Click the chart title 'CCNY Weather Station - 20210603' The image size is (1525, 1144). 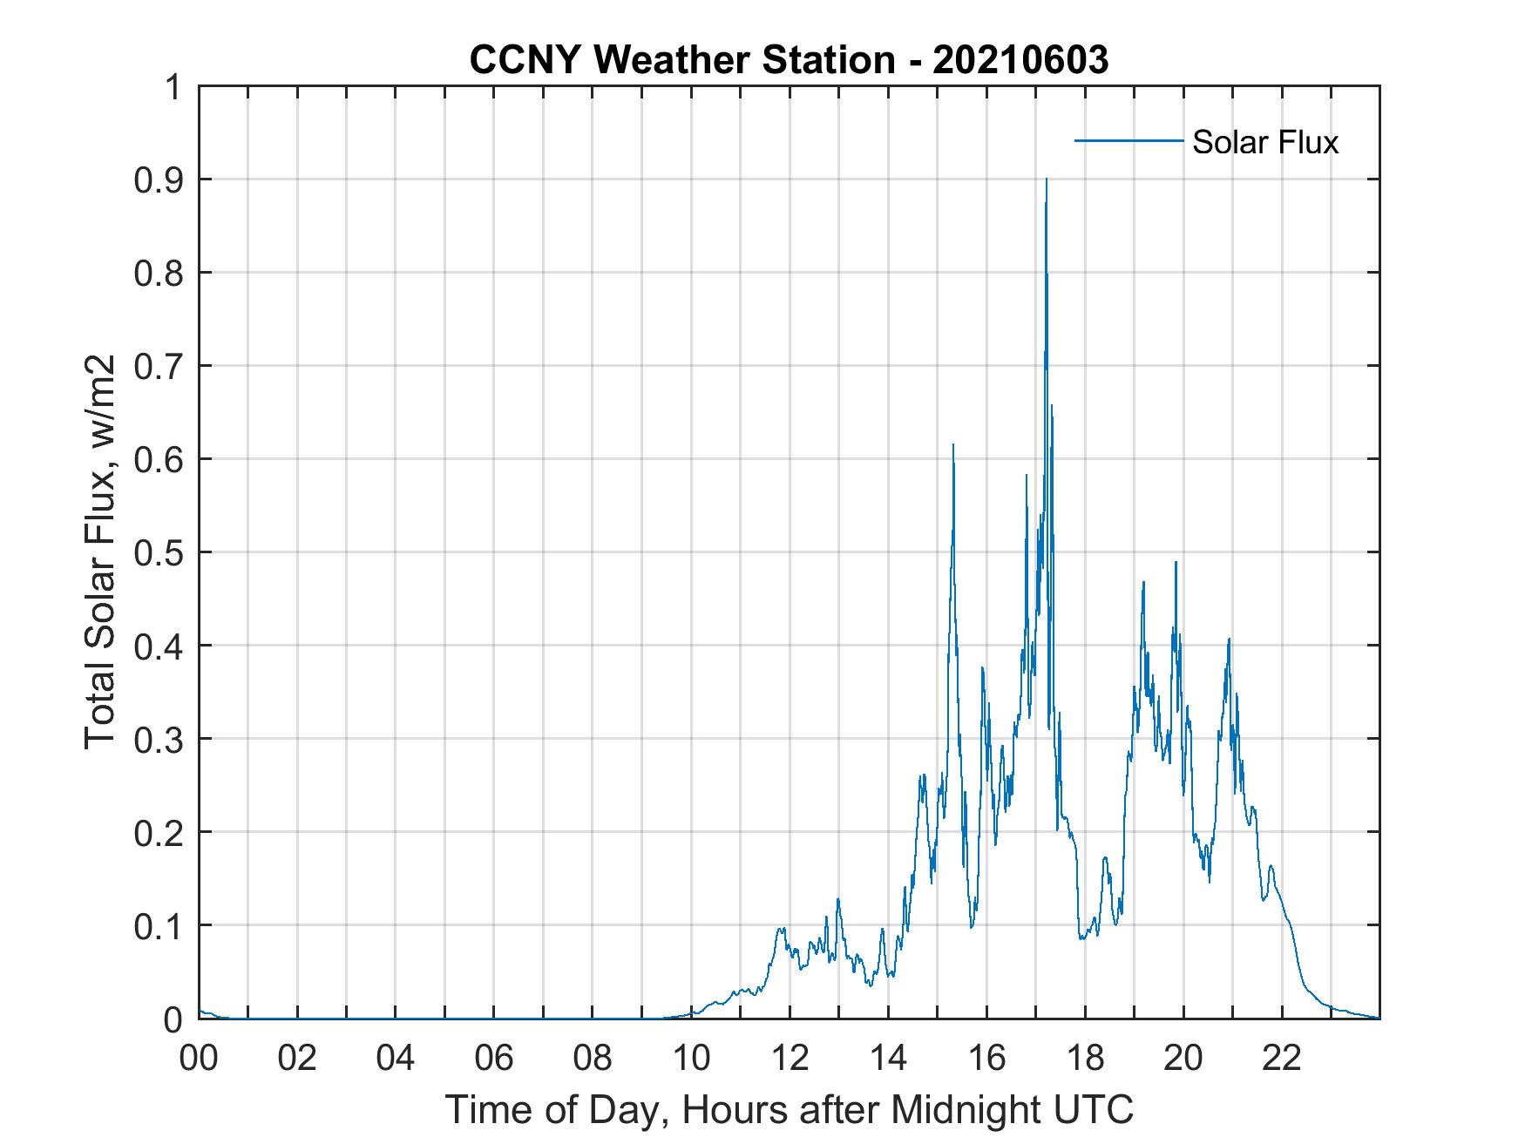[x=789, y=59]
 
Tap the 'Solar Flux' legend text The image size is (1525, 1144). [x=1264, y=142]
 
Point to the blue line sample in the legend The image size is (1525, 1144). [x=1128, y=140]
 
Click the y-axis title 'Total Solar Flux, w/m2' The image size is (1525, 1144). [x=100, y=552]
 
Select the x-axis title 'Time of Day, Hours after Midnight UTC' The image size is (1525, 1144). [x=789, y=1109]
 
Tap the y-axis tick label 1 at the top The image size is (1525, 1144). [x=174, y=87]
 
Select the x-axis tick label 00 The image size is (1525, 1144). [x=199, y=1058]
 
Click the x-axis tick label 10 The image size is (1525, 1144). [x=692, y=1058]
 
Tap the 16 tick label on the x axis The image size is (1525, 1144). [x=987, y=1058]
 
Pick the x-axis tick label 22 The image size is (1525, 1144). [x=1283, y=1058]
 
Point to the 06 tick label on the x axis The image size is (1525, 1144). [x=494, y=1058]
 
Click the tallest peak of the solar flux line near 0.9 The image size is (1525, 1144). [x=1046, y=179]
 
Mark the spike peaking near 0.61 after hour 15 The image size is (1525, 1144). [x=953, y=446]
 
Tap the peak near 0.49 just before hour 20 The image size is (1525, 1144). [x=1176, y=563]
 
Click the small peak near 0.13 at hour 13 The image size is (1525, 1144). [x=838, y=899]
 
